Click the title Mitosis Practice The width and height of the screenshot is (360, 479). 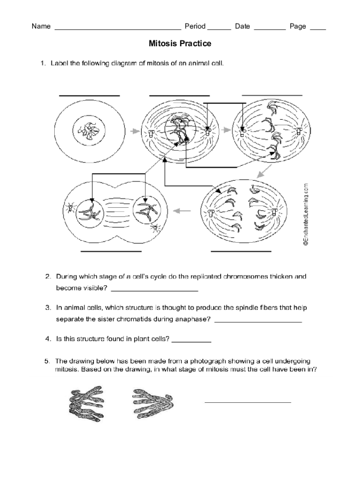click(180, 44)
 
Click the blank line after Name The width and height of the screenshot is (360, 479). click(118, 29)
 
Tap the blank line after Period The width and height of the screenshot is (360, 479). click(219, 29)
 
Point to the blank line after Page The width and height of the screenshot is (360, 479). click(318, 29)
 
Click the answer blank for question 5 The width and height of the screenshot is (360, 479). click(248, 402)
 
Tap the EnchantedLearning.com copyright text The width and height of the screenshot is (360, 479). click(306, 214)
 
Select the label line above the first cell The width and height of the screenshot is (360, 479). click(89, 95)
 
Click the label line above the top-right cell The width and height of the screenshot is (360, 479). click(272, 95)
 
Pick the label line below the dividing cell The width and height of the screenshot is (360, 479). click(111, 251)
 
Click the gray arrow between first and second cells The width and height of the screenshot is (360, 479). click(134, 131)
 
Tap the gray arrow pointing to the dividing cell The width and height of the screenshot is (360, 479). click(183, 211)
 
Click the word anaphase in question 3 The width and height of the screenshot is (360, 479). click(193, 319)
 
